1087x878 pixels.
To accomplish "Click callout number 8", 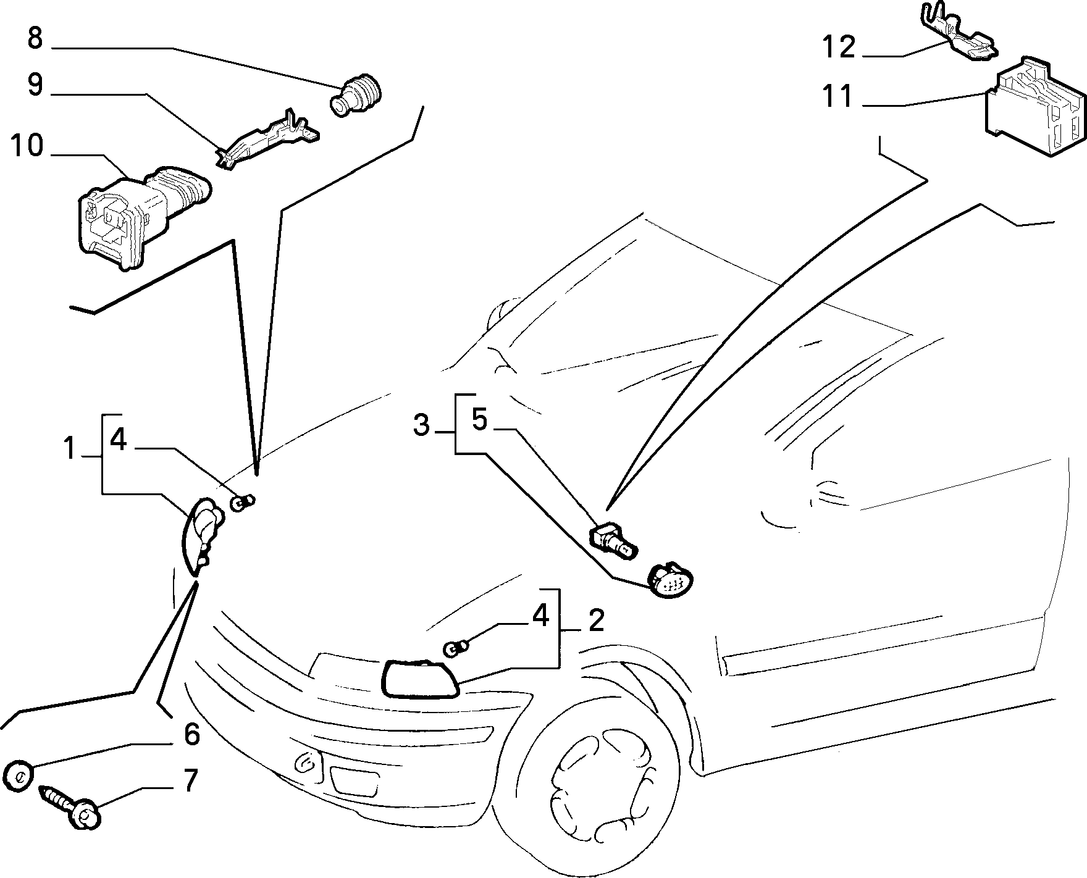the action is pos(35,38).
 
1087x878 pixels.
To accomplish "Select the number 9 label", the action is pos(35,85).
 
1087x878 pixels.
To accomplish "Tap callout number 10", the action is pos(27,146).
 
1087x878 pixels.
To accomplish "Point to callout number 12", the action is pos(839,47).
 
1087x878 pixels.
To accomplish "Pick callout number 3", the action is pos(421,425).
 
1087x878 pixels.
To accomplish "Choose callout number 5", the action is pos(480,419).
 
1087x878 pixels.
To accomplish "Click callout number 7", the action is pos(191,780).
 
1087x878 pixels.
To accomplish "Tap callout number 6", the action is pos(192,734).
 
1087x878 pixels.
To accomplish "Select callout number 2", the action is pos(596,620).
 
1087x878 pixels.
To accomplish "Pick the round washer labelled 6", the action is pos(19,774).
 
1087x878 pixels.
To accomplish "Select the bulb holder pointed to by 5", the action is pos(614,538).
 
